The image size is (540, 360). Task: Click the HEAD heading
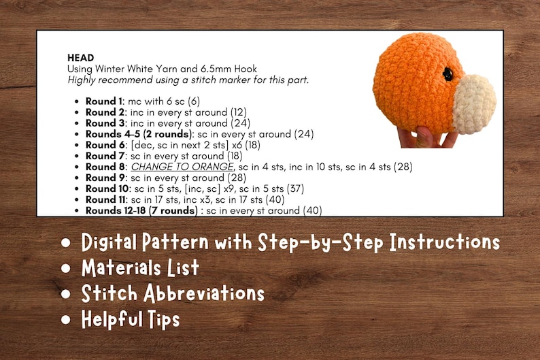[x=80, y=58]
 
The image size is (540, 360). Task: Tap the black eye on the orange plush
[x=448, y=74]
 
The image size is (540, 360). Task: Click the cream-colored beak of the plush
[x=474, y=103]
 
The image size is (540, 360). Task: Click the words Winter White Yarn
[x=129, y=69]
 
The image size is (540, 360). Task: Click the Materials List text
[x=140, y=268]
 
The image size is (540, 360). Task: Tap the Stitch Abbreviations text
[x=173, y=293]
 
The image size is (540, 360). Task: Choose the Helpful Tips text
[x=131, y=318]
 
